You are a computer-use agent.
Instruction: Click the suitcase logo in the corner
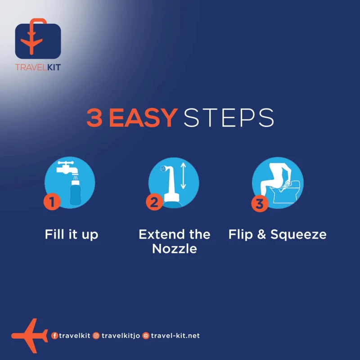38,39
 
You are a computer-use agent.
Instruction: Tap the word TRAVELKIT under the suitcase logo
38,67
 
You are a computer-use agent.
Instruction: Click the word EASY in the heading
143,118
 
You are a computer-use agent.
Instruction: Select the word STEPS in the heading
229,118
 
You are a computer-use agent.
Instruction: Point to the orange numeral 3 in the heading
94,118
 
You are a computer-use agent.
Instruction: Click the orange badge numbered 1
52,202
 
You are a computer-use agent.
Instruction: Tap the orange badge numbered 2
154,202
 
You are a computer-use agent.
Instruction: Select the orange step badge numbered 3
260,203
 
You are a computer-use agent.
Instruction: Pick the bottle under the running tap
75,193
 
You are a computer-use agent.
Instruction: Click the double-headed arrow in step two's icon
183,175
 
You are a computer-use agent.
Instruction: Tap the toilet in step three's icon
285,192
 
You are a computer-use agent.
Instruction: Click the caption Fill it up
72,234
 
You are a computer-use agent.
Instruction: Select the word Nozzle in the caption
175,249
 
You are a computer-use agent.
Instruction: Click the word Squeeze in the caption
298,235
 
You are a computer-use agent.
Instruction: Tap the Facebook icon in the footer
54,336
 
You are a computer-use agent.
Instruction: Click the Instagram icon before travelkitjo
96,336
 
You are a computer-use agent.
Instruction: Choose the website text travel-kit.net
175,336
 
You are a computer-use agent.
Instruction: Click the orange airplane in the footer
30,336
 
